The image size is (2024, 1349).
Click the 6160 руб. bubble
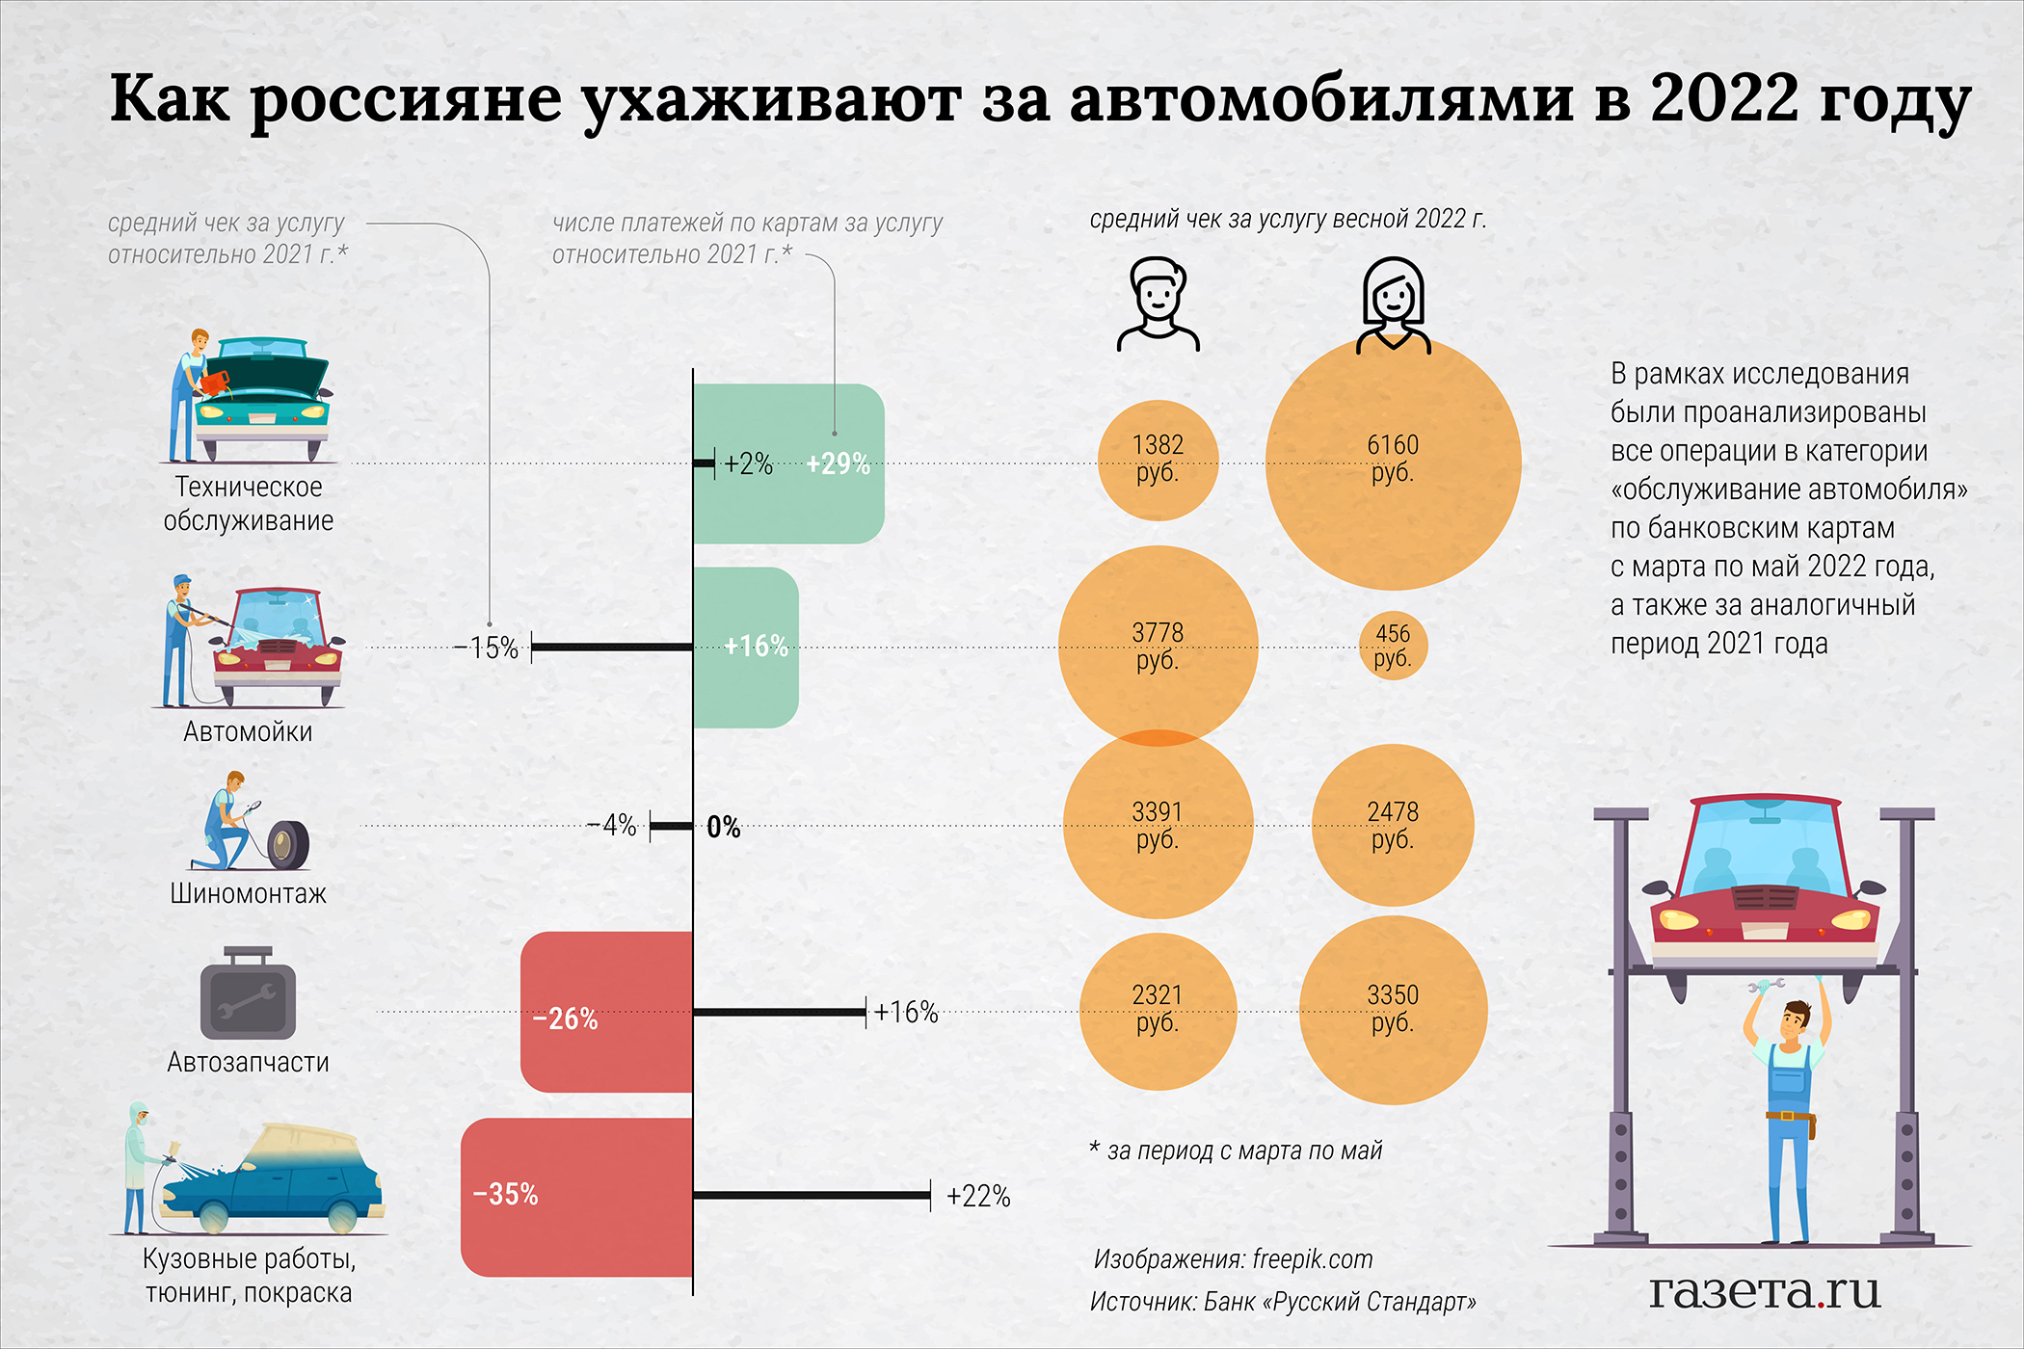(1393, 463)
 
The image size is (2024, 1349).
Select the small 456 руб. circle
(1393, 646)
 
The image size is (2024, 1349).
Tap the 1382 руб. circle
(1158, 461)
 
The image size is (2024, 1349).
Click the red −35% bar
(576, 1197)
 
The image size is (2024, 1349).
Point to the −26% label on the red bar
(566, 1018)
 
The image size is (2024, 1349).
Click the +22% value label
(978, 1197)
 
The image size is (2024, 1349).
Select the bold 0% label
(724, 827)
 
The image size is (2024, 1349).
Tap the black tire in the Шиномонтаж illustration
(287, 844)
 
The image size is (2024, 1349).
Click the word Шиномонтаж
(248, 893)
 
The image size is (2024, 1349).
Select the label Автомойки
(248, 731)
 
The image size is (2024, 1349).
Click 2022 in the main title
(1724, 98)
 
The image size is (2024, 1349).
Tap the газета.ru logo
(1765, 1290)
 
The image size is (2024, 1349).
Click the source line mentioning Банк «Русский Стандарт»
(1283, 1302)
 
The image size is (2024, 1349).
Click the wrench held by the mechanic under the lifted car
(1766, 986)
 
